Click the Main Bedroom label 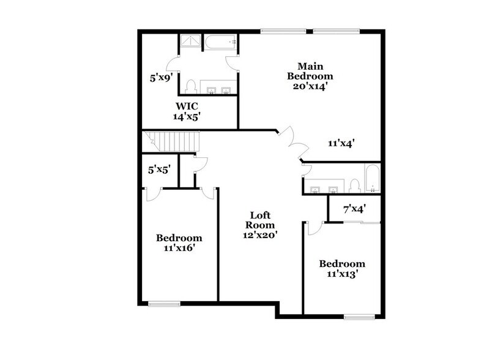click(315, 70)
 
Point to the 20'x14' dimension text click(315, 86)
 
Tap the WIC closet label click(188, 104)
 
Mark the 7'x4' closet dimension click(354, 209)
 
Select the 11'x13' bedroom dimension click(342, 275)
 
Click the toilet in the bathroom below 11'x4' click(354, 183)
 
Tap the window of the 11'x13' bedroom click(359, 317)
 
